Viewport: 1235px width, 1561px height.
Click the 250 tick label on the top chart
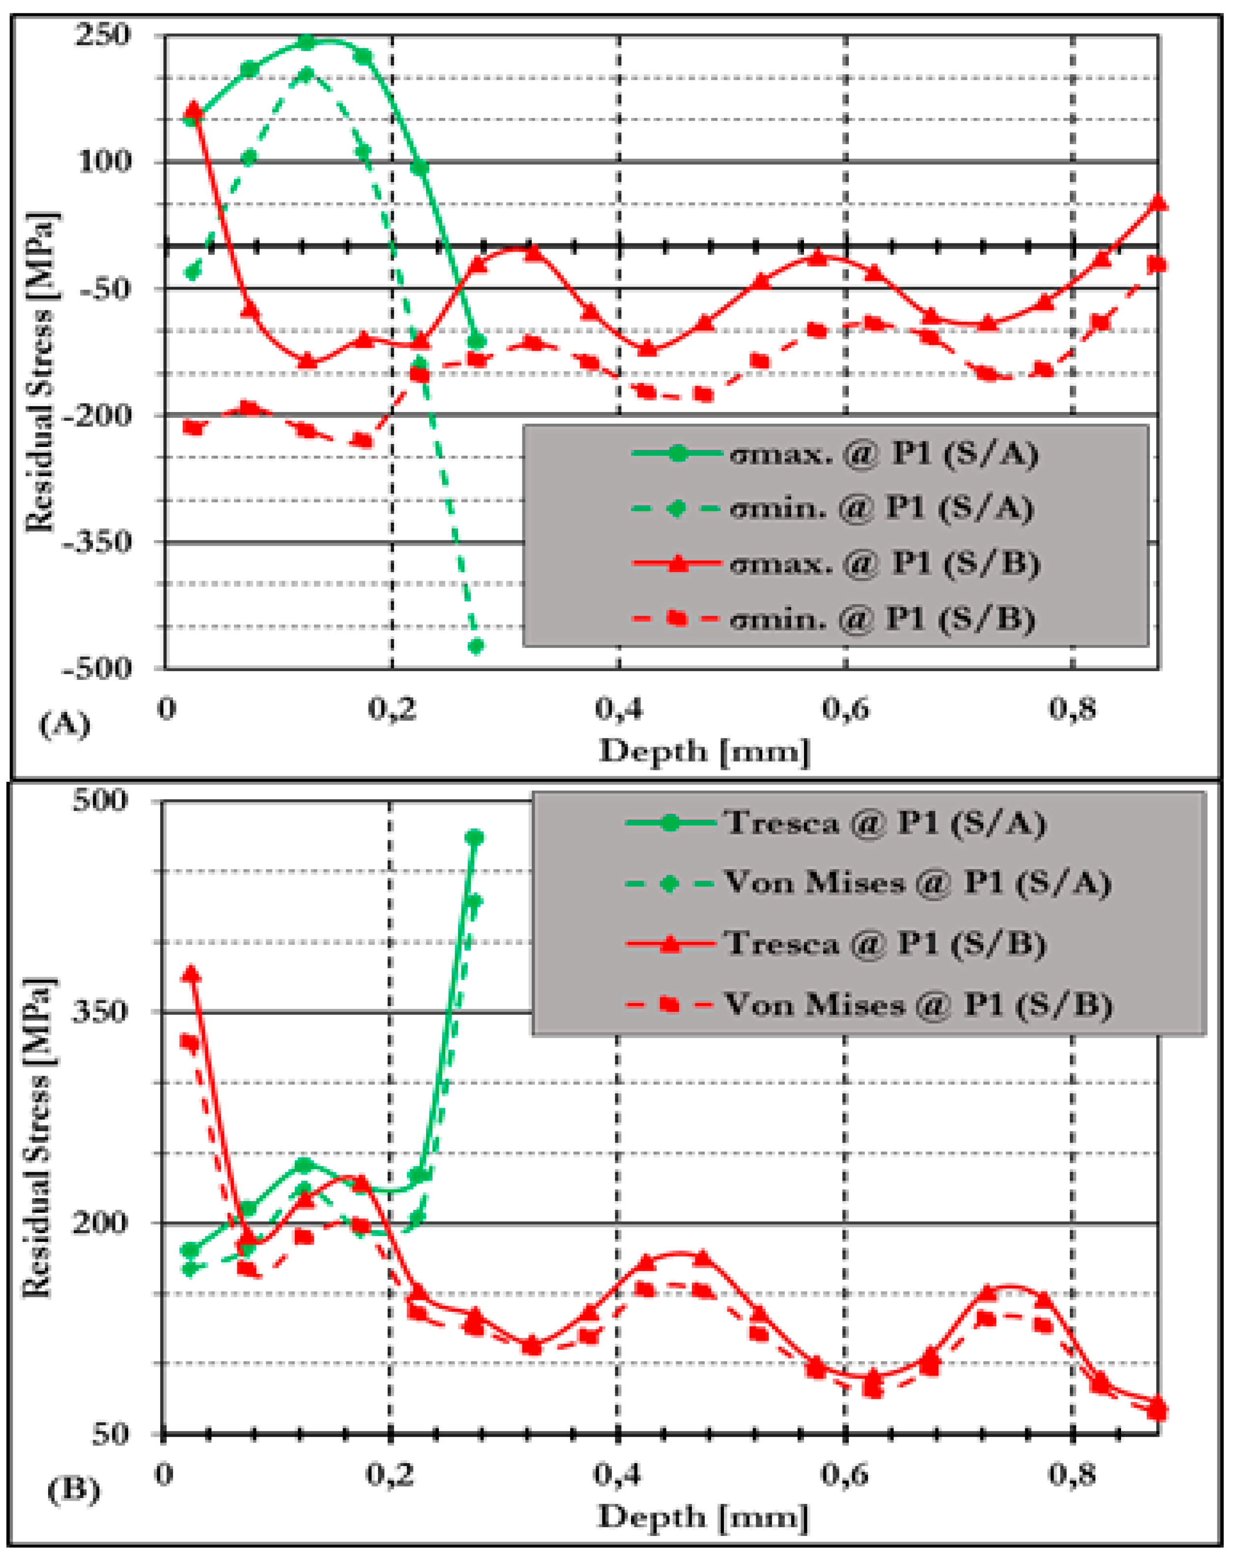[103, 35]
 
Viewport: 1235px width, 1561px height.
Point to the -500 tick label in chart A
[98, 667]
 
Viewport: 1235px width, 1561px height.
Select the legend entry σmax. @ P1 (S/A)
[835, 454]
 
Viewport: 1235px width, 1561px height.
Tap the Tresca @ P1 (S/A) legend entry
[835, 823]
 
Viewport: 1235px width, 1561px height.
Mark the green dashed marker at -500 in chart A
[476, 646]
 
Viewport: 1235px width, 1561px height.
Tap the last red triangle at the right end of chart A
[1158, 203]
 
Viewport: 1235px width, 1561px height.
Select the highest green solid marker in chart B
[474, 838]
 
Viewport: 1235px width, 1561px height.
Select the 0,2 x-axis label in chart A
[391, 709]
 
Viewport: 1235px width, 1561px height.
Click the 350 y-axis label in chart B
[100, 1011]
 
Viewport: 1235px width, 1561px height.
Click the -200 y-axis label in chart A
[98, 415]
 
